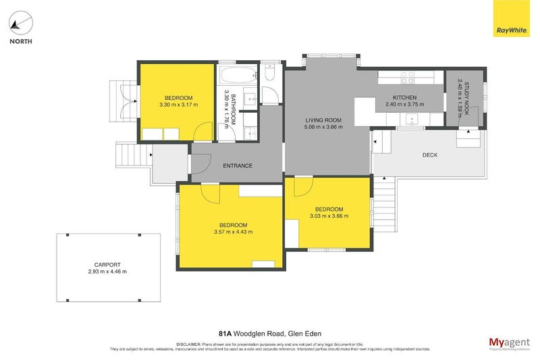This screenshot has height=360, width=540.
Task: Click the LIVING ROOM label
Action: coord(323,120)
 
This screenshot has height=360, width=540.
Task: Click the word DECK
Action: coord(430,155)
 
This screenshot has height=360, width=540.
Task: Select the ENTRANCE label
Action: coord(238,166)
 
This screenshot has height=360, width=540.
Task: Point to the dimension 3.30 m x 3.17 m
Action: coord(176,105)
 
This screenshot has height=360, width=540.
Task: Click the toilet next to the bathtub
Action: coord(270,72)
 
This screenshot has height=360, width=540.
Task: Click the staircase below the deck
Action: coord(385,203)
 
